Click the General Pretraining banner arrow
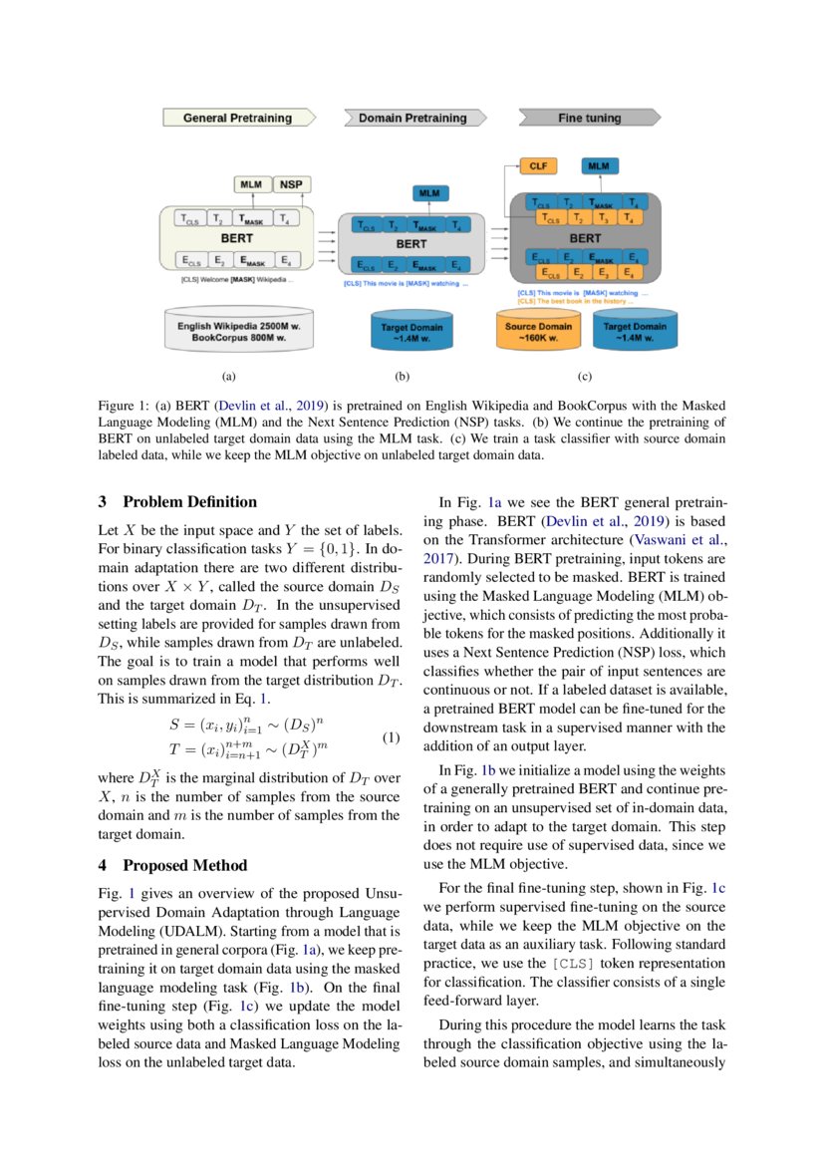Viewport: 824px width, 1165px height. (x=239, y=118)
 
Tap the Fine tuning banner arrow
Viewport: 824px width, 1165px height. (x=589, y=118)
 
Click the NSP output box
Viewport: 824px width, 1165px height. (x=290, y=184)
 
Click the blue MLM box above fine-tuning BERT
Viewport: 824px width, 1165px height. (x=600, y=166)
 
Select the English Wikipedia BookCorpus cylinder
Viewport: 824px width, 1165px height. (x=237, y=332)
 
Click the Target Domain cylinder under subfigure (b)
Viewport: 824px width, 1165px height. (x=412, y=332)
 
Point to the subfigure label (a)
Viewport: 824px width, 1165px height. (x=228, y=378)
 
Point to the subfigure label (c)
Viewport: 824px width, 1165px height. (x=585, y=378)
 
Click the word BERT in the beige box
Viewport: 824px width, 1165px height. (x=236, y=239)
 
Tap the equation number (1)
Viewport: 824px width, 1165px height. (x=391, y=738)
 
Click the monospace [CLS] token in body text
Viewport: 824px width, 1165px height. (x=578, y=964)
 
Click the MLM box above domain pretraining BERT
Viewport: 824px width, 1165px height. (x=429, y=193)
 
